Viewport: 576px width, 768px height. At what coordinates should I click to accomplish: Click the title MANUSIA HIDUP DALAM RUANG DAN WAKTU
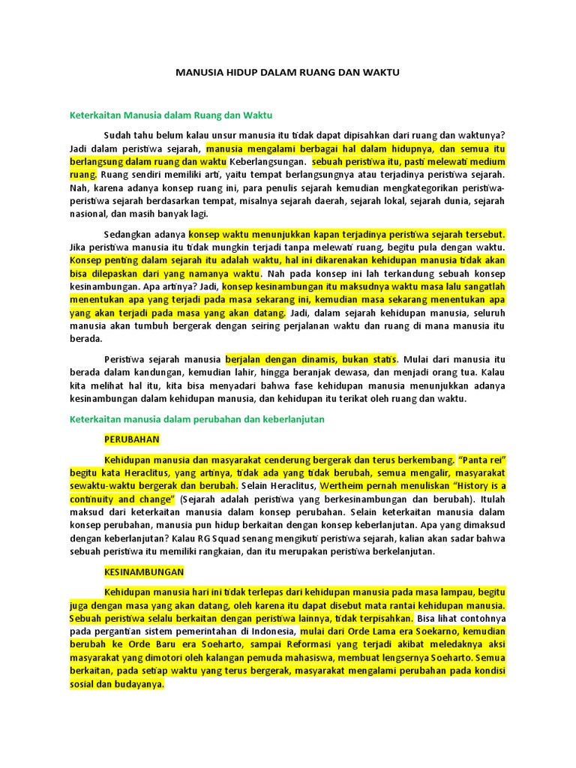click(x=288, y=73)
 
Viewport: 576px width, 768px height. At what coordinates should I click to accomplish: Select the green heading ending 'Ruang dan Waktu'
click(x=170, y=115)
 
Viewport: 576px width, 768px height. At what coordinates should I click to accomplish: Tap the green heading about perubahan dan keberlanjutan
click(x=196, y=419)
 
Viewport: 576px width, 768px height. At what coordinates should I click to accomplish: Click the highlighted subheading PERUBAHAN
click(x=132, y=439)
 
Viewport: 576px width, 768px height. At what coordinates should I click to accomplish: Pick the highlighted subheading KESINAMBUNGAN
click(x=144, y=571)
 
